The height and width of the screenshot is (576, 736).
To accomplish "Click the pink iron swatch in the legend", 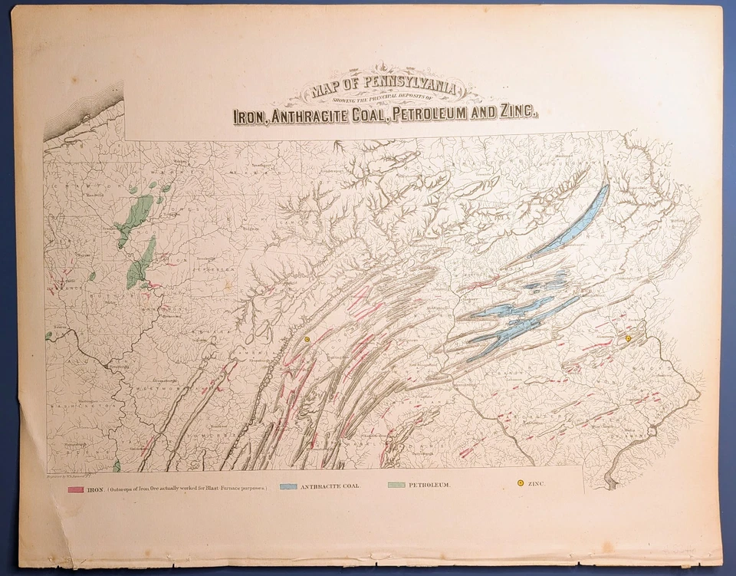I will coord(75,489).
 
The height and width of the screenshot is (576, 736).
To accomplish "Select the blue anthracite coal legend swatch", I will coord(289,486).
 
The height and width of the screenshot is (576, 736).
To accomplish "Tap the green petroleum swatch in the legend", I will coord(396,485).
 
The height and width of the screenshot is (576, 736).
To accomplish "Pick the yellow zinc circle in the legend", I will coord(520,483).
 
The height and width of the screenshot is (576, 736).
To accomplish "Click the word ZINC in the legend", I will coord(537,484).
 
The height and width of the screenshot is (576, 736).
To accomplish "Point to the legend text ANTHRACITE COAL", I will coord(329,486).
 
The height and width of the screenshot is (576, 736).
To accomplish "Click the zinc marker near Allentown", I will coord(628,338).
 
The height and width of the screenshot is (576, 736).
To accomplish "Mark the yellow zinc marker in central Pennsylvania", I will coord(306,338).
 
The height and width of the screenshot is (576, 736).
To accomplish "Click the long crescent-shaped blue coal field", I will coord(571,222).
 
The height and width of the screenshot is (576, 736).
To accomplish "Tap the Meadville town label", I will coord(74,195).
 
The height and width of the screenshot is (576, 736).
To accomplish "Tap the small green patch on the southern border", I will coord(117,465).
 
